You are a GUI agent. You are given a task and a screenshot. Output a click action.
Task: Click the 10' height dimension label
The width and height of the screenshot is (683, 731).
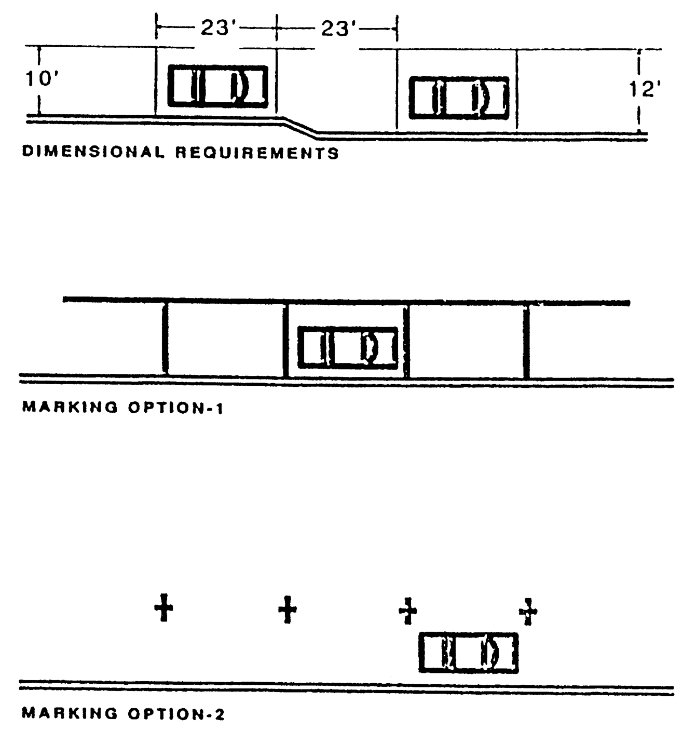point(41,79)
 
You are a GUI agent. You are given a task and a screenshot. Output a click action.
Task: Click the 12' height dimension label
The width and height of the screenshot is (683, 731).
point(644,90)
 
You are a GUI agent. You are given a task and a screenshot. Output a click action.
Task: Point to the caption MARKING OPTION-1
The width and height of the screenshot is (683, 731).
point(122,407)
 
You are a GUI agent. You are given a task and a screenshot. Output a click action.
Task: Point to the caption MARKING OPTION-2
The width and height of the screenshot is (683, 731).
point(123,714)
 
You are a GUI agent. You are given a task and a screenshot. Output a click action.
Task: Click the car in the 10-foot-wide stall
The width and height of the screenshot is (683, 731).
point(218,86)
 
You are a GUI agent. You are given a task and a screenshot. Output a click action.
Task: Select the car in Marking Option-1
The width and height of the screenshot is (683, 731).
point(348,347)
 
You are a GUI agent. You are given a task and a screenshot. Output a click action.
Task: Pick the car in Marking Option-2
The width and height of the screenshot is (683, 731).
point(469,653)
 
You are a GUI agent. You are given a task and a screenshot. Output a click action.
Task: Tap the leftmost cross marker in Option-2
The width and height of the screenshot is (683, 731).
point(163,608)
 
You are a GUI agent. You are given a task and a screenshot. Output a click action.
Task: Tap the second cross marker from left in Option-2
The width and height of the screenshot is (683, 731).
point(287,609)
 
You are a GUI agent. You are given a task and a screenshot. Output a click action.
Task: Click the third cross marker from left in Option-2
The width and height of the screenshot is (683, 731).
point(408,611)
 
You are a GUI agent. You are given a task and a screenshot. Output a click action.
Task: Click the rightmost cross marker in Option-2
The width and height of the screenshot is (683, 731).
point(528,611)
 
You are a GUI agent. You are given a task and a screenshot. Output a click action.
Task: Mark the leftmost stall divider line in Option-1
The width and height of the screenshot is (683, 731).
point(165,337)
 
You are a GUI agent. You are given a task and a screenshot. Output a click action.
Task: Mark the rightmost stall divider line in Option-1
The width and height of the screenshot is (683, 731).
point(526,343)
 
